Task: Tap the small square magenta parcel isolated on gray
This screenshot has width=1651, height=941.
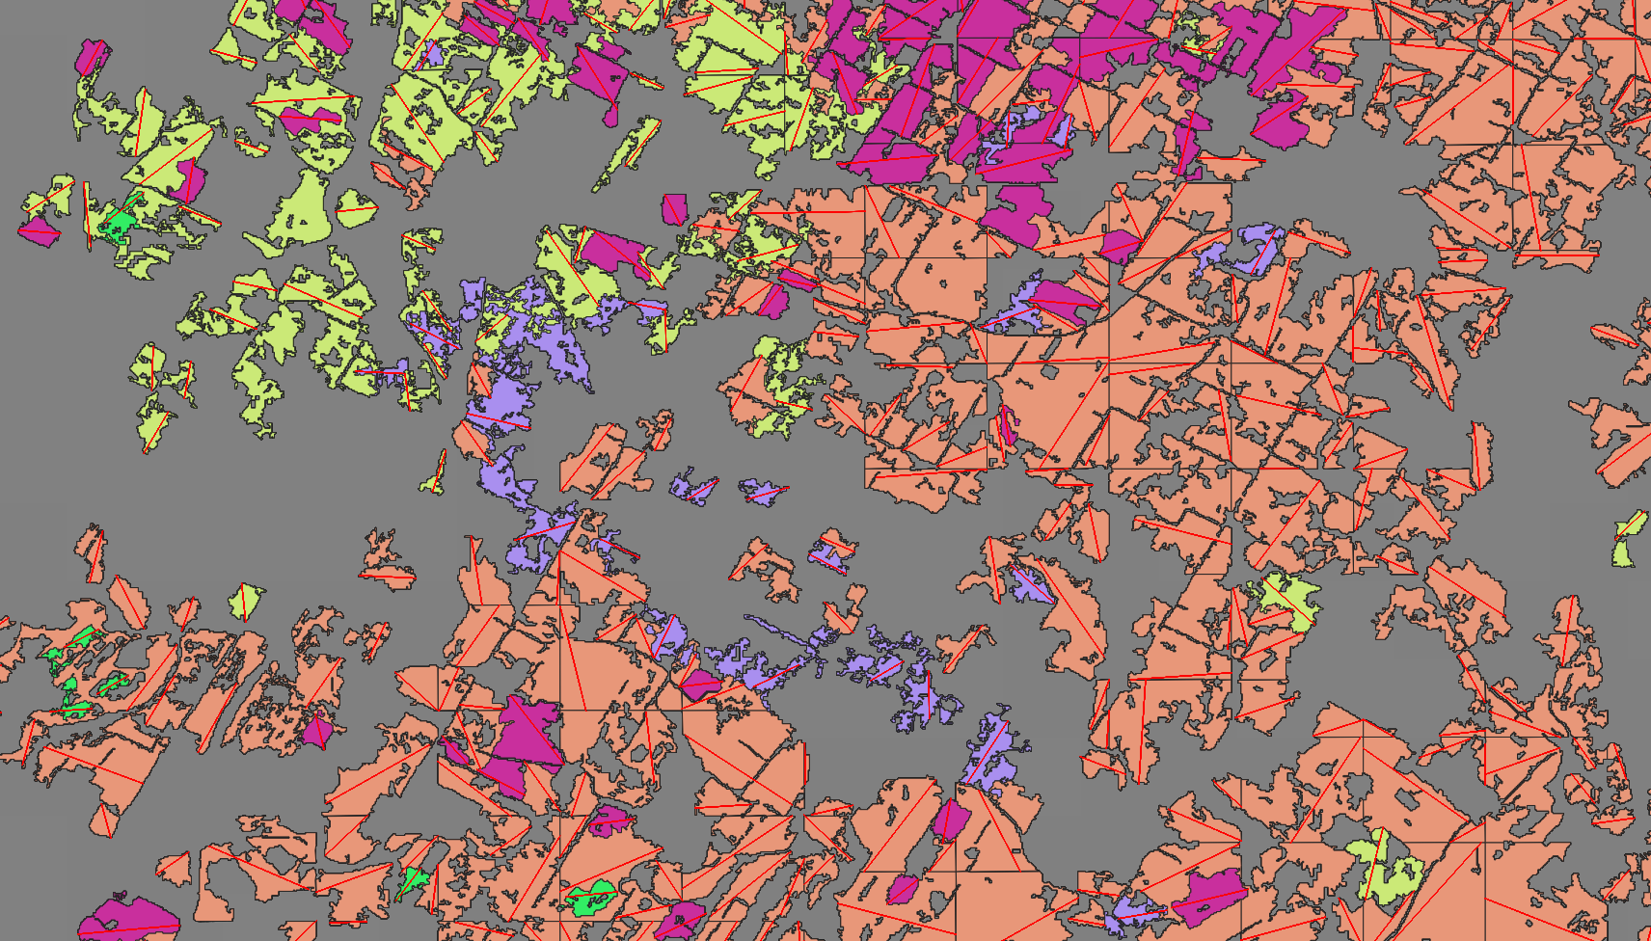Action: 674,208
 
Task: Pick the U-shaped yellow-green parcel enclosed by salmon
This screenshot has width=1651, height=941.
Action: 1385,873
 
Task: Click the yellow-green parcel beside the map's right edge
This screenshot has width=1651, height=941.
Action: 1629,541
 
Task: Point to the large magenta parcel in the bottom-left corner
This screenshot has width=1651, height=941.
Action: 129,919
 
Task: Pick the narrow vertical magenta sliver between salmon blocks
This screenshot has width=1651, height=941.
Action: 1008,425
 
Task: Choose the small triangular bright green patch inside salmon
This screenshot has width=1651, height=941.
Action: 414,879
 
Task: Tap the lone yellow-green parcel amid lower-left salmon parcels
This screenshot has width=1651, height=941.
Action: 247,601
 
